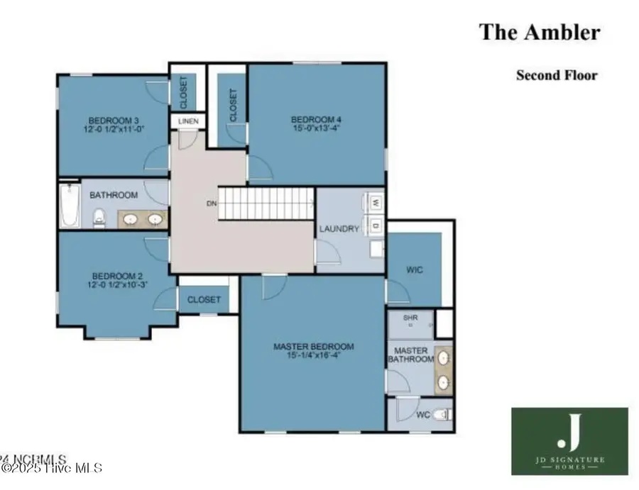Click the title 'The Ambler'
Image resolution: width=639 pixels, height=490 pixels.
coord(540,32)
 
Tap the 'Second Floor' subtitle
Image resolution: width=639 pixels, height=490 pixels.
coord(556,75)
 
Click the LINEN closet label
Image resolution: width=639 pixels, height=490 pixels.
coord(188,122)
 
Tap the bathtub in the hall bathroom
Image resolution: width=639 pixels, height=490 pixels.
coord(70,206)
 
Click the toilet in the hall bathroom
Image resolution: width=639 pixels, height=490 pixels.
coord(100,218)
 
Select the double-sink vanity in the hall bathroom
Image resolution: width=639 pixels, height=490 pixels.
coord(142,219)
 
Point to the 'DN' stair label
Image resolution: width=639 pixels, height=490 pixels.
coord(211,204)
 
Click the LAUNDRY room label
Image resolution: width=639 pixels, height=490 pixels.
coord(339,229)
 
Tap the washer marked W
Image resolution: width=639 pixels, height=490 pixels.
coord(375,203)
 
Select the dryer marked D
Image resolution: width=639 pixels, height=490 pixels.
coord(375,226)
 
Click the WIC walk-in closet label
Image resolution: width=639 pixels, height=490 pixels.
coord(415,270)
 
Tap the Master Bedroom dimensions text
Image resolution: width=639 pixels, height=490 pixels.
coord(313,355)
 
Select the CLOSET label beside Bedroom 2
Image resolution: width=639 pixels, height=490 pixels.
coord(204,300)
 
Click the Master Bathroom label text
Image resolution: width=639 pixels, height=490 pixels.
coord(410,355)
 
